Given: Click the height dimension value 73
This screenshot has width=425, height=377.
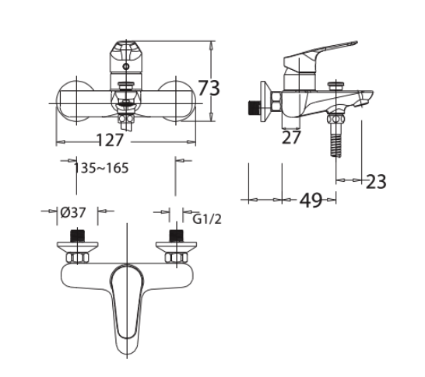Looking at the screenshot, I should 209,88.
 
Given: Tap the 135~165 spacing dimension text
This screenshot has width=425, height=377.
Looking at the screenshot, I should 101,168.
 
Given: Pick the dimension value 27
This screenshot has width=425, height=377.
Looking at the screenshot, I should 291,138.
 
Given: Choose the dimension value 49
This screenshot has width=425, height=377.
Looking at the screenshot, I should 311,201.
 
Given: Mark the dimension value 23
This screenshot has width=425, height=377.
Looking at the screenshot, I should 376,181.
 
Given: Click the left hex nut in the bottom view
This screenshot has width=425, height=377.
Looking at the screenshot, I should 76,257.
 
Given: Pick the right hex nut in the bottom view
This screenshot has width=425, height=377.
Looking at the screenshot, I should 176,257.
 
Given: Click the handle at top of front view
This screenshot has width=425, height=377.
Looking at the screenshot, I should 125,58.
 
